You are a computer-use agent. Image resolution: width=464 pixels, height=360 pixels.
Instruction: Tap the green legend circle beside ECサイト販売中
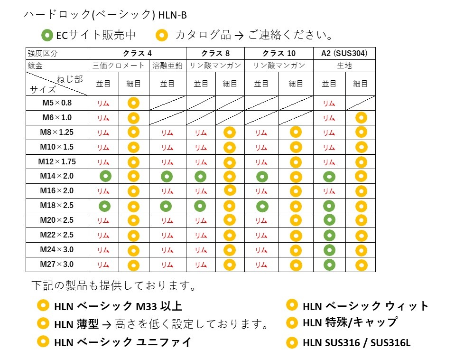47,35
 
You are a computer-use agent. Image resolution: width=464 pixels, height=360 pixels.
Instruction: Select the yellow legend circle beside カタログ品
162,35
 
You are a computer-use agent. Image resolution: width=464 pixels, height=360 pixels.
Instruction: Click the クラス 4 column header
137,53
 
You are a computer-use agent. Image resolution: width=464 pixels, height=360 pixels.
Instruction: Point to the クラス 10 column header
278,53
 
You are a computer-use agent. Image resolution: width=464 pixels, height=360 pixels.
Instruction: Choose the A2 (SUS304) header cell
344,53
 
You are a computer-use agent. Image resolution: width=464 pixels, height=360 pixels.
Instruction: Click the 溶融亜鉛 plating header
167,66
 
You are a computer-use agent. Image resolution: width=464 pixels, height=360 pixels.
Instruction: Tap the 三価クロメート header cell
119,66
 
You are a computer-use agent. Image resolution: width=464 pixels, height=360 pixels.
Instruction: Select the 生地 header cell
344,66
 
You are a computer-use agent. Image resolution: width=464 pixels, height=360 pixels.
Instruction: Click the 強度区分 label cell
42,53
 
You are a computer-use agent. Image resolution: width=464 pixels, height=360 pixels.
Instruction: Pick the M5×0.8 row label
57,103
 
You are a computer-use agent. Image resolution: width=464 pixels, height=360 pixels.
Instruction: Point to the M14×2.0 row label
57,176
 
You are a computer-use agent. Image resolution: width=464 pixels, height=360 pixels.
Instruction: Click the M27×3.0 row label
57,264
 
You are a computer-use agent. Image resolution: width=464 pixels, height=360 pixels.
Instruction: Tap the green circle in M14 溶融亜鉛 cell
167,177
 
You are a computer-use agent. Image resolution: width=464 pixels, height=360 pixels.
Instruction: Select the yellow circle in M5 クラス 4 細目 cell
133,103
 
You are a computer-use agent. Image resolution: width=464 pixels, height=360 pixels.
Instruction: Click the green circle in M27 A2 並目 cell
329,264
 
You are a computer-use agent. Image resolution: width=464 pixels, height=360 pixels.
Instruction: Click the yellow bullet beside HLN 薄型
43,323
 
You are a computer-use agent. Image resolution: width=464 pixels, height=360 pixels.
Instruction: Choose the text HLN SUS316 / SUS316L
356,342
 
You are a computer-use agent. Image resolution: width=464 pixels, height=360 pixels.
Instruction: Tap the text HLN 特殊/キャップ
350,322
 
